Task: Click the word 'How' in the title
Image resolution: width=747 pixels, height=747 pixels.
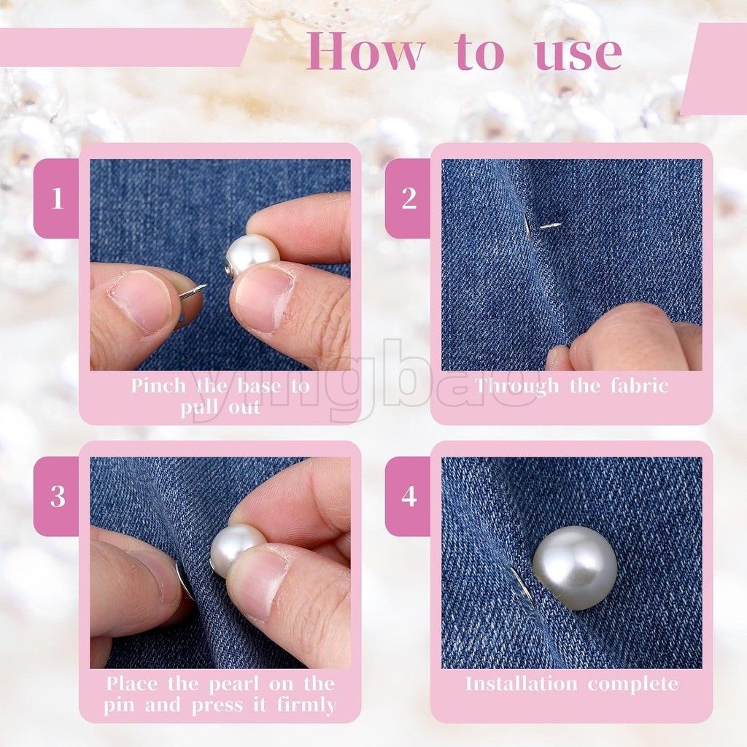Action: click(365, 51)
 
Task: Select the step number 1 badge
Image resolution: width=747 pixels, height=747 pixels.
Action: click(57, 198)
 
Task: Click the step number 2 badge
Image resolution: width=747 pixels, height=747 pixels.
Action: click(409, 198)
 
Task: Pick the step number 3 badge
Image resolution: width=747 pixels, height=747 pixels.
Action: click(57, 496)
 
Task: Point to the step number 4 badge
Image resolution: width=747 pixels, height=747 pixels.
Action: click(409, 496)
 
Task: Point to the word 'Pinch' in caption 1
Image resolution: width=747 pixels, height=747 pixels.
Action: click(158, 386)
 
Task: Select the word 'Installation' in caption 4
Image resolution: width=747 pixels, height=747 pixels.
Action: click(521, 684)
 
